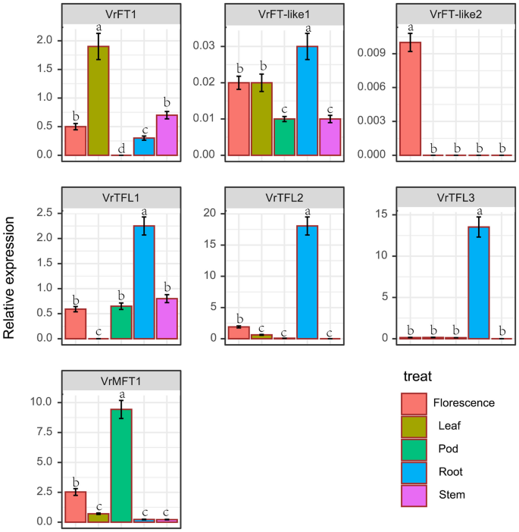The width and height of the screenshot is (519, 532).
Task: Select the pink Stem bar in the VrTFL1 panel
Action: (x=167, y=318)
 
